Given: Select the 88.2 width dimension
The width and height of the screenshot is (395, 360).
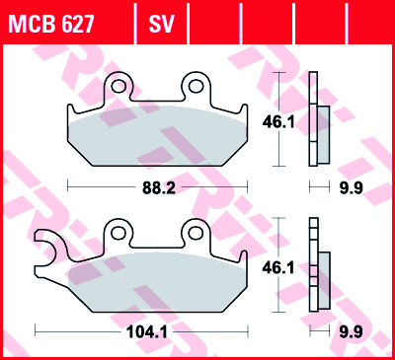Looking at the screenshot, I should coord(159,185).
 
